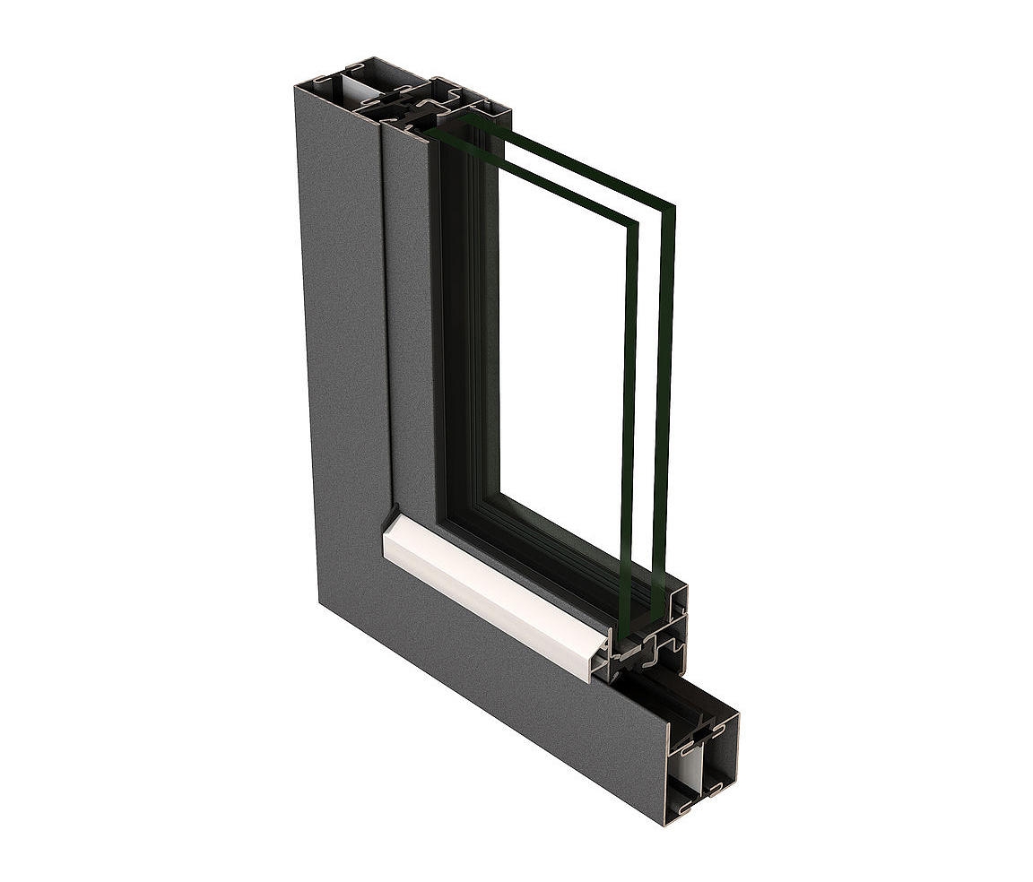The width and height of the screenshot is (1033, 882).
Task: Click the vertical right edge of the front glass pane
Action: pyautogui.click(x=629, y=403)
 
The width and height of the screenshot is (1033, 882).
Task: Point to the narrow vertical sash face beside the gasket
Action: pyautogui.click(x=408, y=314)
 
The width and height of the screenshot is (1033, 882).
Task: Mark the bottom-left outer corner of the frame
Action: pyautogui.click(x=321, y=602)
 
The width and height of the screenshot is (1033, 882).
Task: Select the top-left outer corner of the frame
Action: pyautogui.click(x=296, y=86)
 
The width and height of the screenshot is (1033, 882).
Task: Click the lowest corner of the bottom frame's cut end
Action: pyautogui.click(x=666, y=823)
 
